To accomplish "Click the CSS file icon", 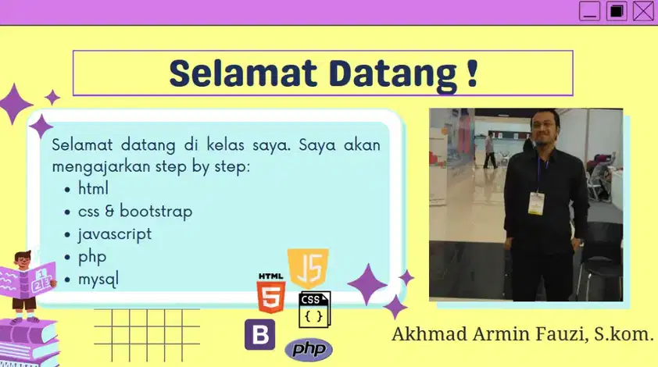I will [314, 310].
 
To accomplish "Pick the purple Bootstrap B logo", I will [259, 334].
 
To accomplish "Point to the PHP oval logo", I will [309, 349].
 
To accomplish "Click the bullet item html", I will [93, 188].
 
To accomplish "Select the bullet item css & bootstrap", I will [134, 211].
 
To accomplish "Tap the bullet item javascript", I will [114, 233].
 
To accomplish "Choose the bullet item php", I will [91, 256].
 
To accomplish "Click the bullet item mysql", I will [98, 279].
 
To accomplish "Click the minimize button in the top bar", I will [589, 11].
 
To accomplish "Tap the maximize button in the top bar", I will [617, 11].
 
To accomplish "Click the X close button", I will [643, 11].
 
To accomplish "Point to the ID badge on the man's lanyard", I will [535, 202].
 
